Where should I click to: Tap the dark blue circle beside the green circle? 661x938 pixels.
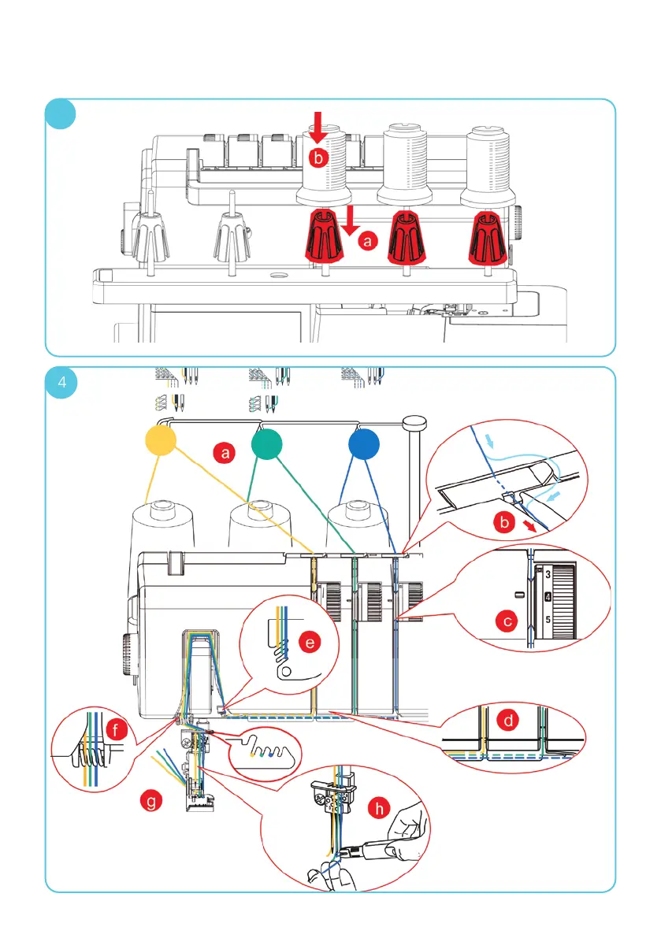[364, 445]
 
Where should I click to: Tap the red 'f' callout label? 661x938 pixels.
[116, 731]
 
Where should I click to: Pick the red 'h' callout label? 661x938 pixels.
[381, 807]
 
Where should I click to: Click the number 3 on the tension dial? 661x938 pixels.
[547, 574]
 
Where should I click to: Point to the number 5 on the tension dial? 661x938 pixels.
[547, 620]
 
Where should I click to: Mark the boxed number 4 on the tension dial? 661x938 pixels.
[547, 597]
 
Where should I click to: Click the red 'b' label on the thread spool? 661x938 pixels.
[317, 158]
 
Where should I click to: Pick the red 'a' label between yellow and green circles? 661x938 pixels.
[226, 453]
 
